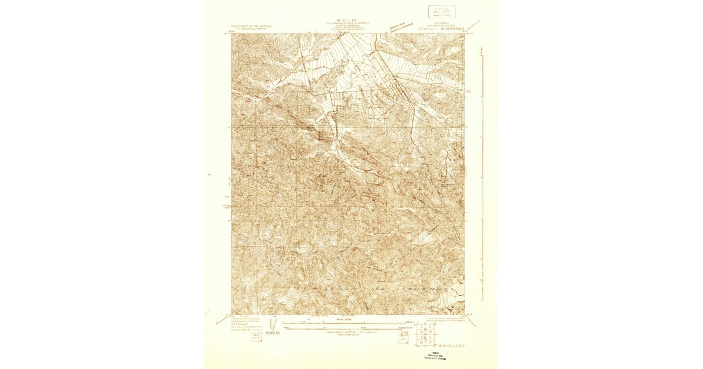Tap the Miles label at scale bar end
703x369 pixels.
(x=410, y=322)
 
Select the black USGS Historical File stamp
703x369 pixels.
(x=424, y=356)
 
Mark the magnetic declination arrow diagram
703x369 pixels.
(x=404, y=337)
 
